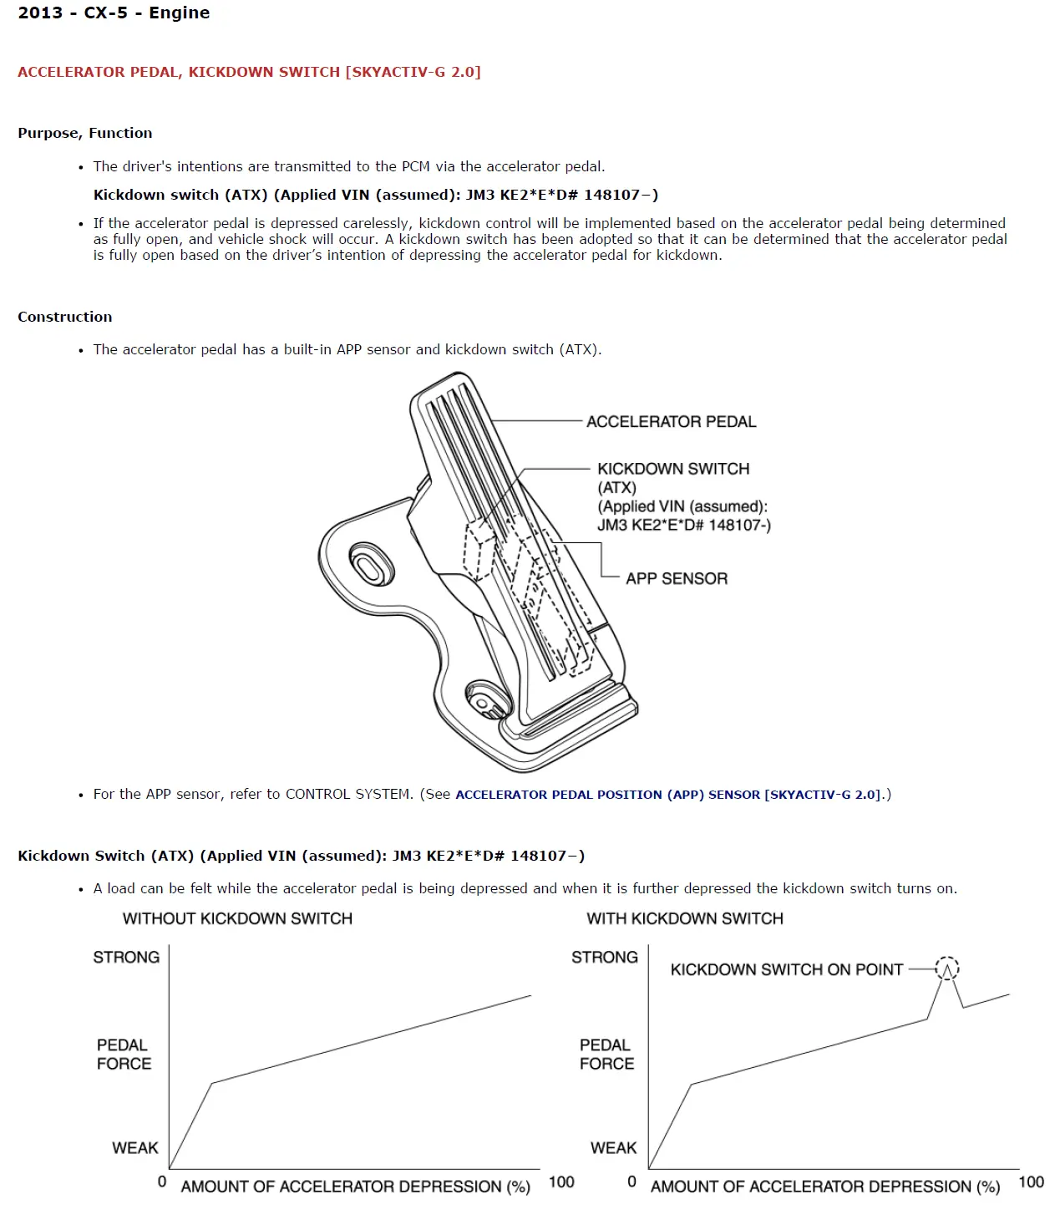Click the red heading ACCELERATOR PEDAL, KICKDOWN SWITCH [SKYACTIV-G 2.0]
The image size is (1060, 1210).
[x=249, y=72]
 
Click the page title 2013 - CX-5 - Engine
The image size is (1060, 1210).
[x=114, y=13]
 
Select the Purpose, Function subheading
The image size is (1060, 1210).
[x=85, y=133]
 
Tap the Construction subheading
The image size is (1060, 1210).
[x=64, y=317]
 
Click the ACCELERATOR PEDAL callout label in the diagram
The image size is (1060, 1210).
[x=671, y=422]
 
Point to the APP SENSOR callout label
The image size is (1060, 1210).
[x=676, y=578]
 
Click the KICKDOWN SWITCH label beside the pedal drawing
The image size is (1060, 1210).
[x=673, y=469]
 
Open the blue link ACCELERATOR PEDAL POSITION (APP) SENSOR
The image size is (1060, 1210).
[x=667, y=795]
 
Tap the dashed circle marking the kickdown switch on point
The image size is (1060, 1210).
[x=946, y=968]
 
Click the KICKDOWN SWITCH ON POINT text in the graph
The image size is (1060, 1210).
[x=786, y=969]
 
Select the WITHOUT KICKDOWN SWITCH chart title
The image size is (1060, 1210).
[x=237, y=918]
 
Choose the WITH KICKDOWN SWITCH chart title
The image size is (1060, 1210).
[x=684, y=918]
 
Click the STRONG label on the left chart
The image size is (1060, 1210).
[x=126, y=957]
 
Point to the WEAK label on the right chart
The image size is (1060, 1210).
[x=613, y=1148]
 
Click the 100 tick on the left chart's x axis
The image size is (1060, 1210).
[x=561, y=1182]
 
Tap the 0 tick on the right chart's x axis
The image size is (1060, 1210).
[x=631, y=1182]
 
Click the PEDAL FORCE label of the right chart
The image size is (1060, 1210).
[x=606, y=1055]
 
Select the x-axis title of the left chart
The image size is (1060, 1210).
[x=355, y=1187]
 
